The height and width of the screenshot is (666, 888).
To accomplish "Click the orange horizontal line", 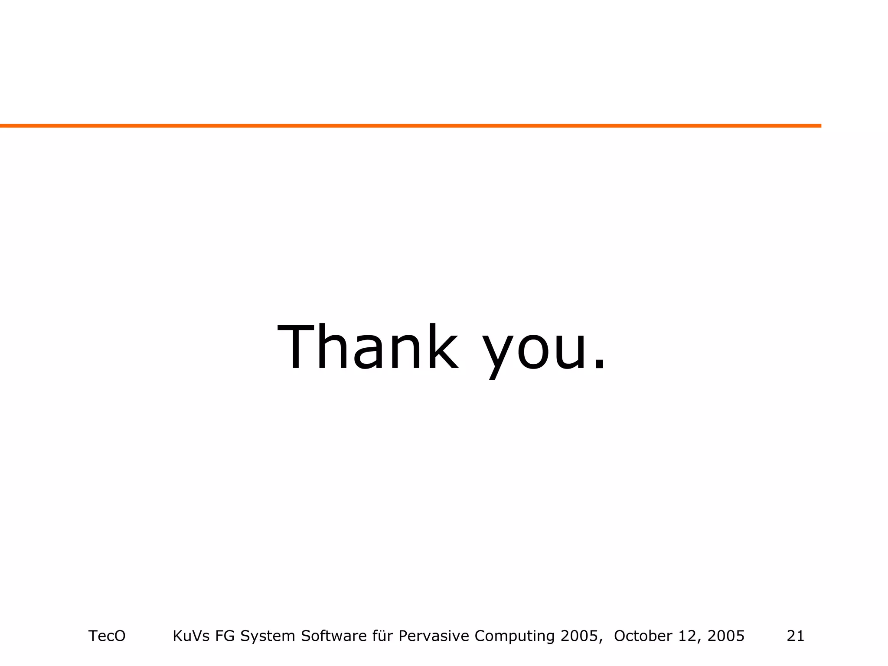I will (x=410, y=126).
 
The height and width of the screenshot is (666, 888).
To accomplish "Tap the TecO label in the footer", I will (x=107, y=636).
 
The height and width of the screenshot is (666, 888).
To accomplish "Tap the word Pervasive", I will (x=434, y=636).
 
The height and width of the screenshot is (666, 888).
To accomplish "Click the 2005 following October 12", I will (x=726, y=636).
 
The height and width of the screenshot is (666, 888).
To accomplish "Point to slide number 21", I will (x=796, y=636).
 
